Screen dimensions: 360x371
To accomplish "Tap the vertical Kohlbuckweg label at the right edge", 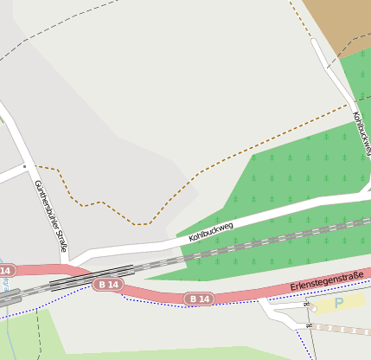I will click(361, 134).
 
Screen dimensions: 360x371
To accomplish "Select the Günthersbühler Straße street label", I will click(51, 215).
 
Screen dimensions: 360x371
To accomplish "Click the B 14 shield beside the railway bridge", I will click(109, 284).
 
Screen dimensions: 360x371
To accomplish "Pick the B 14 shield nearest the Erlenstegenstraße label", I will click(198, 299).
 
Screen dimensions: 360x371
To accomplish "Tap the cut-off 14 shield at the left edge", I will click(6, 272).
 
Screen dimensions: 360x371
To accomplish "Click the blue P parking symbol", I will click(339, 303).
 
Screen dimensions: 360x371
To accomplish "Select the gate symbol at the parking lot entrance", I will click(306, 305).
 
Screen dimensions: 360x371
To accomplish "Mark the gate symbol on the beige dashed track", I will click(308, 325).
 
